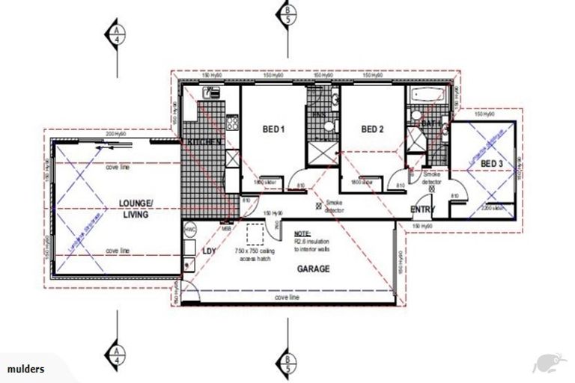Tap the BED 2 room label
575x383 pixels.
pyautogui.click(x=372, y=129)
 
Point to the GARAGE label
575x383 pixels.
pyautogui.click(x=315, y=269)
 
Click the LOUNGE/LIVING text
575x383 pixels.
pyautogui.click(x=136, y=209)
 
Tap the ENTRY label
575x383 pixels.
pyautogui.click(x=423, y=209)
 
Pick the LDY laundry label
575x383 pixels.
pyautogui.click(x=210, y=251)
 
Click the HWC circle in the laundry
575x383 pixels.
pyautogui.click(x=189, y=229)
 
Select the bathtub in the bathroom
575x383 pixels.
pyautogui.click(x=428, y=96)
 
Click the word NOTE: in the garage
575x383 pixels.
pyautogui.click(x=302, y=233)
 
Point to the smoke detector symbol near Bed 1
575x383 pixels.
pyautogui.click(x=320, y=203)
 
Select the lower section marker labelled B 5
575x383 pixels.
pyautogui.click(x=287, y=363)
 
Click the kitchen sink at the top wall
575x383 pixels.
pyautogui.click(x=210, y=94)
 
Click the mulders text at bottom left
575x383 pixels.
pyautogui.click(x=26, y=370)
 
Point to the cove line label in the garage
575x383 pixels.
pyautogui.click(x=288, y=298)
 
